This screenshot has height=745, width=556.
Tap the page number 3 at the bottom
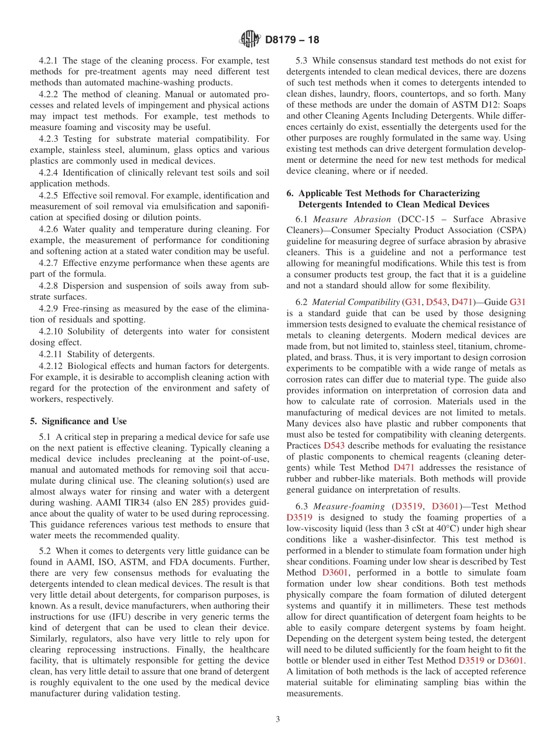coord(278,719)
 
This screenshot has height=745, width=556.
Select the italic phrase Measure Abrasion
coord(352,219)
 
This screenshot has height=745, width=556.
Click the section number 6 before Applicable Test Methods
coord(290,193)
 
